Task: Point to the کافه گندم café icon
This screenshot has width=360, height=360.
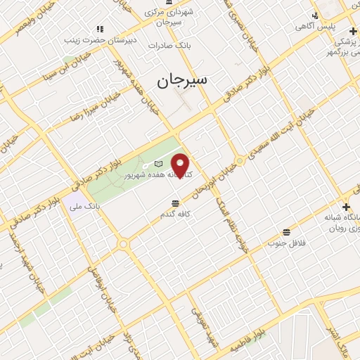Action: click(165, 203)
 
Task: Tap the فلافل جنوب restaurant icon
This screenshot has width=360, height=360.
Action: click(286, 232)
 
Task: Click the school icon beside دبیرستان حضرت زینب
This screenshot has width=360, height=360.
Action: click(100, 29)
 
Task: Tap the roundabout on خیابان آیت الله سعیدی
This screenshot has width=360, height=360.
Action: click(240, 161)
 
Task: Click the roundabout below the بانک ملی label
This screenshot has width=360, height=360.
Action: click(124, 244)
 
